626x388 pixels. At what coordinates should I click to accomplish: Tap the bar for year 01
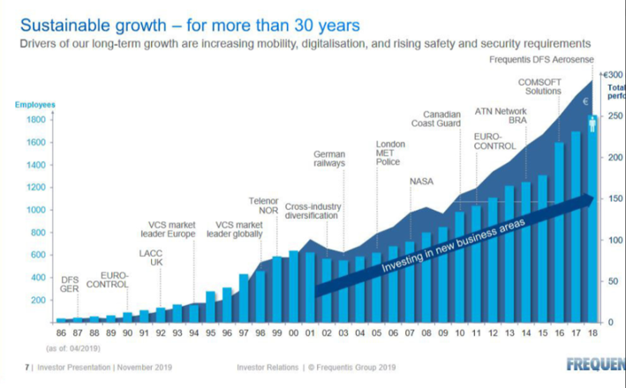pos(309,287)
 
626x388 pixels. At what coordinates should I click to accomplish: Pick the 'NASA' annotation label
pos(421,182)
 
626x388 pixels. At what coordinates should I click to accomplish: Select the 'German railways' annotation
pos(329,158)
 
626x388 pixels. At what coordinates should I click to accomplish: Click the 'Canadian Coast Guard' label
pos(443,119)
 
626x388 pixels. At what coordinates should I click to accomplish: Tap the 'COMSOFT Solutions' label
pos(544,86)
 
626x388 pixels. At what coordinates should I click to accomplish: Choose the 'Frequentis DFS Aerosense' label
pos(540,59)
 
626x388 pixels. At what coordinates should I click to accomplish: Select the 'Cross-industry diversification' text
pos(312,212)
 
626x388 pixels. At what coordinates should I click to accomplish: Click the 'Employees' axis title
pos(34,105)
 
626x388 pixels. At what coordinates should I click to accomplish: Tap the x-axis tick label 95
pos(210,332)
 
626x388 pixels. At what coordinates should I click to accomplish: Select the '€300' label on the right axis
pos(613,75)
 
